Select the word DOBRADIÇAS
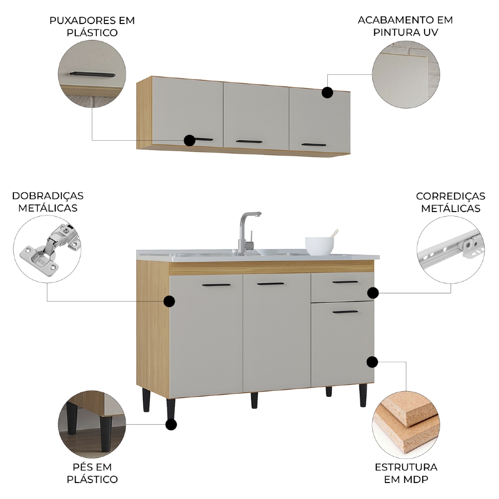(x=48, y=196)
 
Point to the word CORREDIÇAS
(x=450, y=196)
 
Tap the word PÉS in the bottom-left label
(x=83, y=467)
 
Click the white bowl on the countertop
(x=319, y=246)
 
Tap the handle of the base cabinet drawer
(x=345, y=282)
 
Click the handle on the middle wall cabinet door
(x=249, y=142)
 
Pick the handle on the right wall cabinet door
(x=313, y=145)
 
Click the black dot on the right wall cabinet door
(x=327, y=92)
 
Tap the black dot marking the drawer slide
(x=373, y=292)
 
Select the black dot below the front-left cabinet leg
(x=171, y=425)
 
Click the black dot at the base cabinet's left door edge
(x=169, y=301)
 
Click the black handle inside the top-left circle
(x=93, y=74)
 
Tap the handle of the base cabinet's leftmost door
(x=216, y=285)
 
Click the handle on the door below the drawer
(x=345, y=312)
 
